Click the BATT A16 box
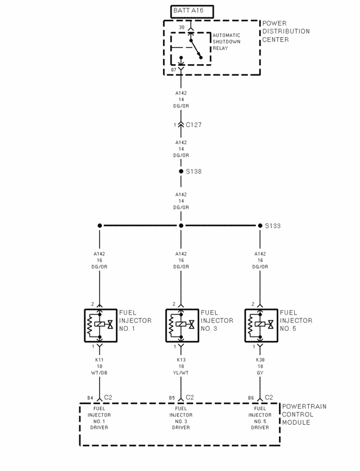pyautogui.click(x=192, y=12)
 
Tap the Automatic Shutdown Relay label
pyautogui.click(x=226, y=42)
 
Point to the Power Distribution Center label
pyautogui.click(x=286, y=32)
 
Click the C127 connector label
pyautogui.click(x=193, y=125)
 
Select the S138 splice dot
pyautogui.click(x=181, y=172)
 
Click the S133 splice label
pyautogui.click(x=273, y=226)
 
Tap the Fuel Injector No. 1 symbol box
pyautogui.click(x=101, y=325)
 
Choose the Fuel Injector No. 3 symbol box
pyautogui.click(x=182, y=325)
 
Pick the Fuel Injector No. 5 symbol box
pyautogui.click(x=261, y=325)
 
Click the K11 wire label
pyautogui.click(x=100, y=360)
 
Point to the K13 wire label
pyautogui.click(x=181, y=360)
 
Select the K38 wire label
pyautogui.click(x=260, y=360)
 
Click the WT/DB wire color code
pyautogui.click(x=100, y=373)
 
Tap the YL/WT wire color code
pyautogui.click(x=181, y=373)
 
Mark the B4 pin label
pyautogui.click(x=90, y=398)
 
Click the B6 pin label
pyautogui.click(x=251, y=398)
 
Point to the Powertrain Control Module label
pyautogui.click(x=304, y=415)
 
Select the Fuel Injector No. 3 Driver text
pyautogui.click(x=181, y=418)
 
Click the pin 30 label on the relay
pyautogui.click(x=182, y=28)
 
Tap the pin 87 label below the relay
pyautogui.click(x=174, y=70)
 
